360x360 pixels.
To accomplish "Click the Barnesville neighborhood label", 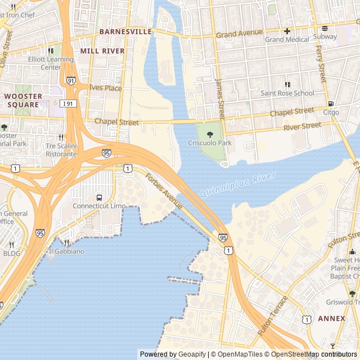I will click(125, 32).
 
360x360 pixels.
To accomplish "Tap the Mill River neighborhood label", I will click(102, 51).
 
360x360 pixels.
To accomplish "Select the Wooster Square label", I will click(23, 100).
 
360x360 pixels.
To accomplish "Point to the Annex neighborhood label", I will click(331, 318).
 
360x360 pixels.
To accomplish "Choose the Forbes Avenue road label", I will click(164, 192).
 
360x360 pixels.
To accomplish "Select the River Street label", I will click(302, 126).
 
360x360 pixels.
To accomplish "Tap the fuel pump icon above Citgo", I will click(331, 104).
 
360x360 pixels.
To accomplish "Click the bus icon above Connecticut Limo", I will click(99, 197).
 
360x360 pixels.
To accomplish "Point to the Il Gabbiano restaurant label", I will click(74, 251).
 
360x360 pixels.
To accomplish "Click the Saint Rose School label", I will click(287, 93).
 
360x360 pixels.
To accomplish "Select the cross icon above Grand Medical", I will click(287, 31).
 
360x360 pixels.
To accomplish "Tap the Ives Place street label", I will click(105, 88).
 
